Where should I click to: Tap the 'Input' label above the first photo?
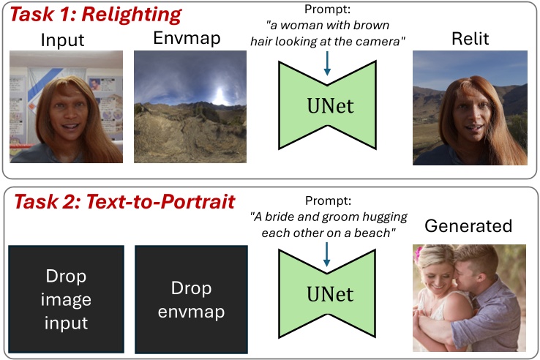pos(64,40)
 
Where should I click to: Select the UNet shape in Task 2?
pos(328,295)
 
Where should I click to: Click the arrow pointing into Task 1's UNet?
pos(327,64)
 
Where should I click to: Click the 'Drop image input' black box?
pos(66,299)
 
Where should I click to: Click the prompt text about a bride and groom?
pos(327,225)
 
